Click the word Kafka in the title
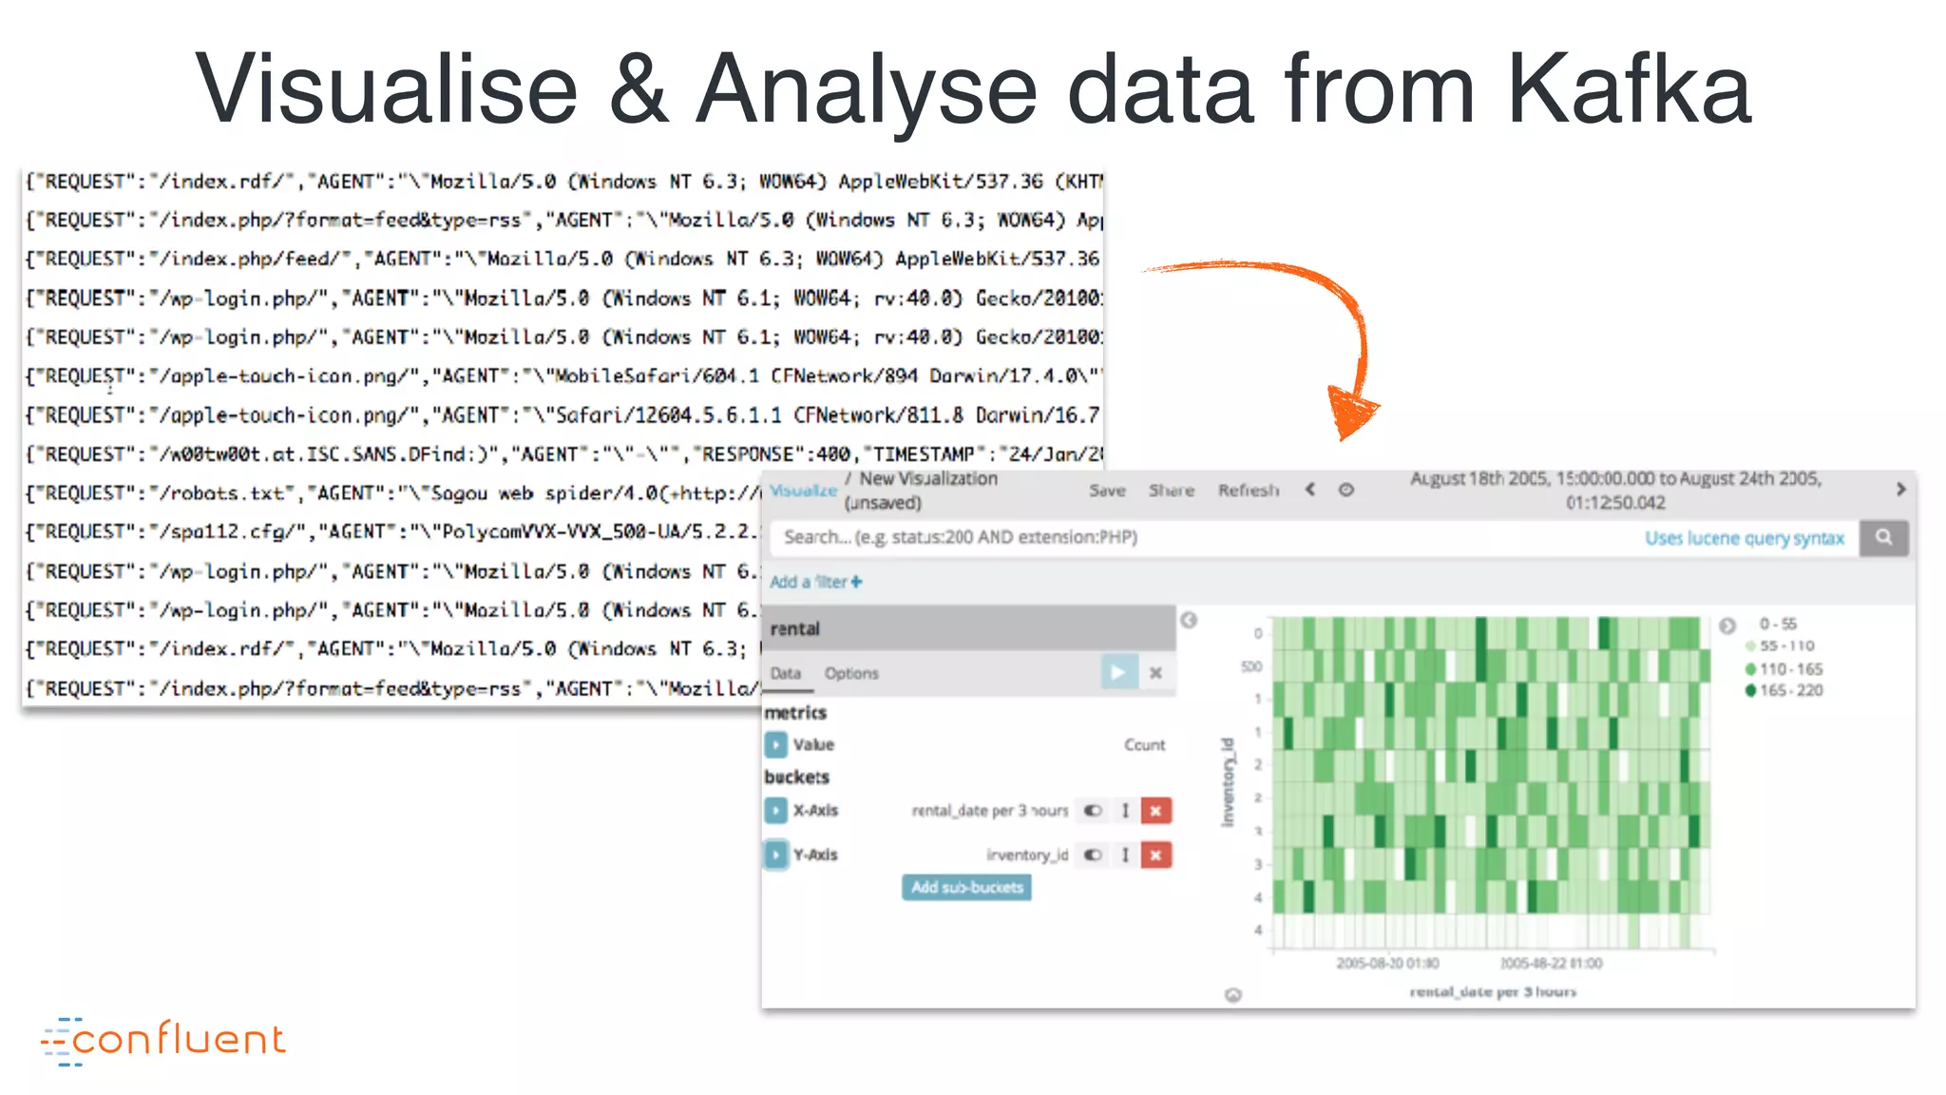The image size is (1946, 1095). click(1628, 88)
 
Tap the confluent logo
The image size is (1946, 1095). click(163, 1040)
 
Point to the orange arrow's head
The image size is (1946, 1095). click(1352, 413)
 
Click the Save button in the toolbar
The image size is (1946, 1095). click(1107, 490)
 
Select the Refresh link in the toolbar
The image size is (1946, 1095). click(1249, 490)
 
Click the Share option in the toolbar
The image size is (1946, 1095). click(1171, 490)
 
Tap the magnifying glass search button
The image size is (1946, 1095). click(1883, 537)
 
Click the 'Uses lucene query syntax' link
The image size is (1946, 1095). click(1745, 538)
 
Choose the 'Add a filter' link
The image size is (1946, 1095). click(815, 582)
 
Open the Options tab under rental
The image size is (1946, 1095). click(851, 673)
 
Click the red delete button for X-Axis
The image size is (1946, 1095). click(1155, 811)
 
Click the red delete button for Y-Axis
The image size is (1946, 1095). click(1155, 855)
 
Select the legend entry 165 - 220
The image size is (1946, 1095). click(1789, 690)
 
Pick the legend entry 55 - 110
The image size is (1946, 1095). click(1785, 646)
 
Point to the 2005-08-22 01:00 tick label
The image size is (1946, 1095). click(1551, 963)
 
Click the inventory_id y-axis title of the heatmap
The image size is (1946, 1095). click(1228, 781)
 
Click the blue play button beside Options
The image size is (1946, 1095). click(1118, 673)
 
